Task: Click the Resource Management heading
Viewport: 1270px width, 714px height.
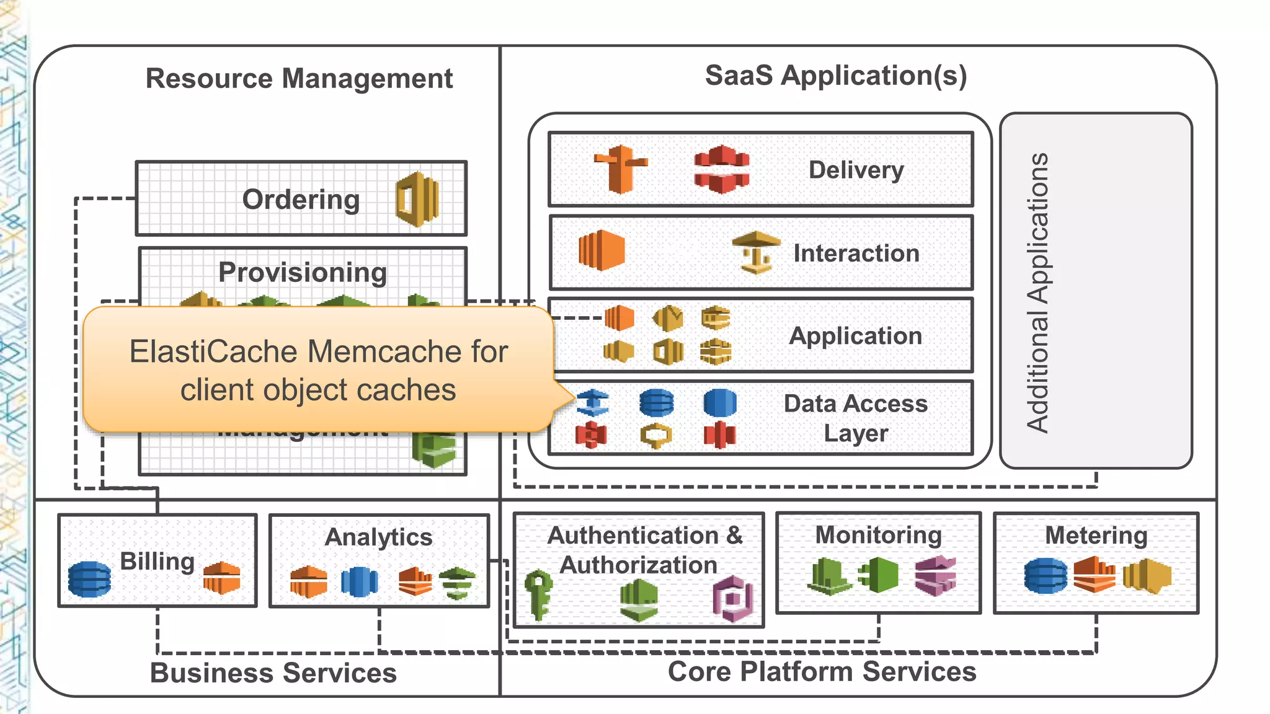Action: [x=299, y=79]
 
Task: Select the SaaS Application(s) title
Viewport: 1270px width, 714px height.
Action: [x=835, y=76]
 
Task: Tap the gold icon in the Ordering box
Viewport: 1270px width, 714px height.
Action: [x=417, y=200]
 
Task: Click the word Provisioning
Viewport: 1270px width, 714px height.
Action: [x=303, y=273]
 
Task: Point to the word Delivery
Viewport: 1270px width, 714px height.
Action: [x=856, y=170]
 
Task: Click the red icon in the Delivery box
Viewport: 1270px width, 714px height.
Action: [x=721, y=169]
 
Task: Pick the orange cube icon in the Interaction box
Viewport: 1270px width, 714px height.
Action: [x=601, y=250]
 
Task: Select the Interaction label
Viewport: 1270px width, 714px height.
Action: [x=856, y=253]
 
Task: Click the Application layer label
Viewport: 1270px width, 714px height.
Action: [x=855, y=336]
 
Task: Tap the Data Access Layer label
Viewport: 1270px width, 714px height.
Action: [x=855, y=418]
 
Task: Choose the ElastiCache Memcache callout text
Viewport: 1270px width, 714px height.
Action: [x=318, y=371]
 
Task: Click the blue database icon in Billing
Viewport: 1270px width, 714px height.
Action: [x=89, y=579]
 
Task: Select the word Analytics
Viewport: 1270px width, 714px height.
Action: [x=378, y=537]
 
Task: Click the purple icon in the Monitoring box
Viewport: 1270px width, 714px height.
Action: [x=935, y=575]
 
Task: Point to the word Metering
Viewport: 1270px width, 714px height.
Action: [x=1096, y=535]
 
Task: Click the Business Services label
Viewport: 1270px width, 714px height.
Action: [x=273, y=672]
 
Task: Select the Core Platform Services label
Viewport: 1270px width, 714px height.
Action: [x=822, y=671]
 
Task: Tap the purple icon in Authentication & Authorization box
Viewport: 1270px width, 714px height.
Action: [x=733, y=598]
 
